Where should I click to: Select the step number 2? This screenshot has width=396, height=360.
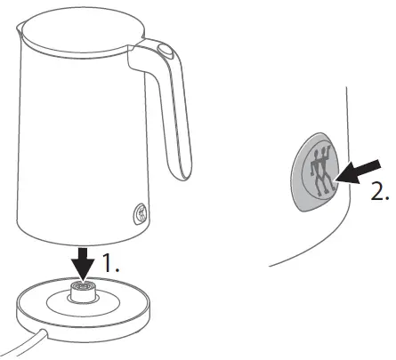pos(379,192)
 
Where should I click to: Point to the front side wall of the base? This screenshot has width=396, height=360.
pos(85,328)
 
